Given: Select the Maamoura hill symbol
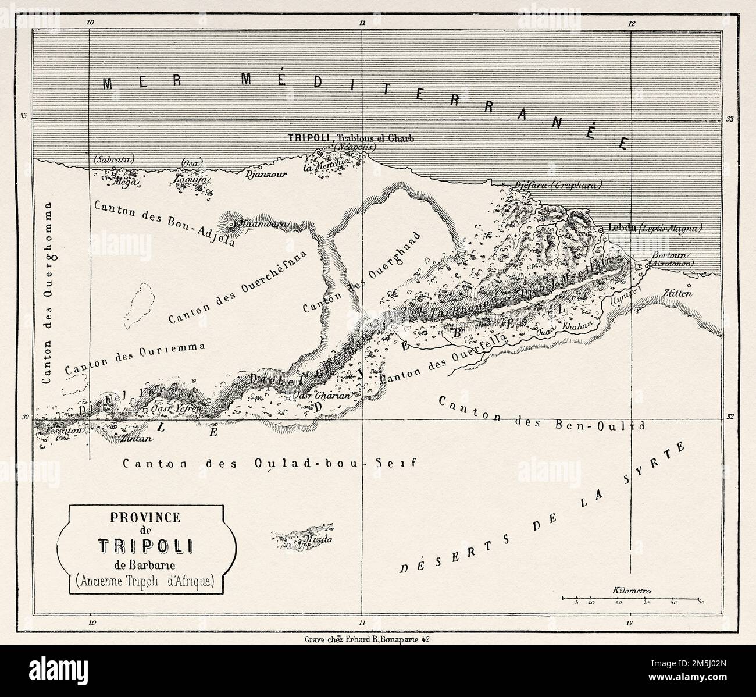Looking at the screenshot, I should point(231,224).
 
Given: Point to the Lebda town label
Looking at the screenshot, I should point(621,227).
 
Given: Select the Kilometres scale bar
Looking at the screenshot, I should point(633,598).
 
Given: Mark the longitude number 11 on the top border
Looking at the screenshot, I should point(361,23).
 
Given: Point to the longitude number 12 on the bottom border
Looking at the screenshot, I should point(630,623).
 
